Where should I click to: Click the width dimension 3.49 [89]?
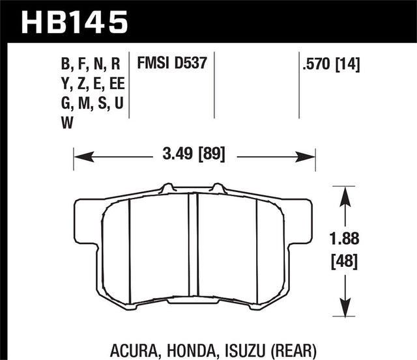[195, 156]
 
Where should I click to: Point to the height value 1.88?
[343, 238]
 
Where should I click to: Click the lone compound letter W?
[66, 122]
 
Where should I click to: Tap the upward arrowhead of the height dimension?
[343, 191]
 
